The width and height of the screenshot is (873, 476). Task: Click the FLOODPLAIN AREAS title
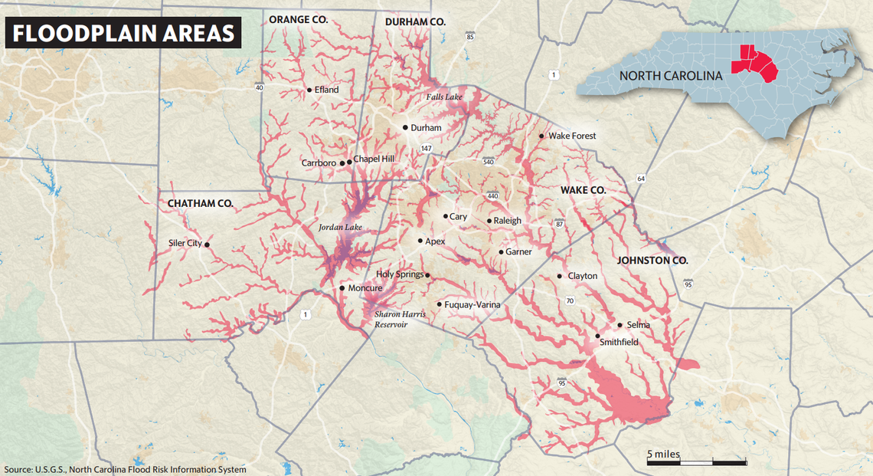point(123,34)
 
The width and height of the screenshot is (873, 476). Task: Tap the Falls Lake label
point(444,97)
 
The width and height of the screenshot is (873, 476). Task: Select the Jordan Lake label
point(340,228)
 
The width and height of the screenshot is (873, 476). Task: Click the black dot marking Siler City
point(207,245)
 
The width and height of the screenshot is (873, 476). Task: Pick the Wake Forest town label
point(572,136)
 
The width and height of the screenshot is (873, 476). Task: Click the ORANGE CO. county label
point(298,20)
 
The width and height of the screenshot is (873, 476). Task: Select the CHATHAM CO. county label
point(200,203)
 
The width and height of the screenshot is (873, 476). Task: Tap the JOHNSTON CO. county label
point(652,261)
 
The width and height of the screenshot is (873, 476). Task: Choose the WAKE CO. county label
point(583,189)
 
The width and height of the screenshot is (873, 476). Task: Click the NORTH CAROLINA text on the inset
point(671,76)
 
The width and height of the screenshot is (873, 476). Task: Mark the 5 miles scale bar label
point(663,454)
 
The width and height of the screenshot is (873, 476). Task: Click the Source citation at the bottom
point(126,469)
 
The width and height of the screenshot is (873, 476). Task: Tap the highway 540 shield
point(488,162)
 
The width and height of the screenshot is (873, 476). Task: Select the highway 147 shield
point(426,148)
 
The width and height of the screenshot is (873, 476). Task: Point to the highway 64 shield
point(640,179)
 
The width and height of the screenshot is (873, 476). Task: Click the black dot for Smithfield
point(598,336)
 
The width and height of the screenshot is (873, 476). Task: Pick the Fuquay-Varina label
point(472,305)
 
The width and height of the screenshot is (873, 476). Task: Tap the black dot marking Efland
point(309,90)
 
